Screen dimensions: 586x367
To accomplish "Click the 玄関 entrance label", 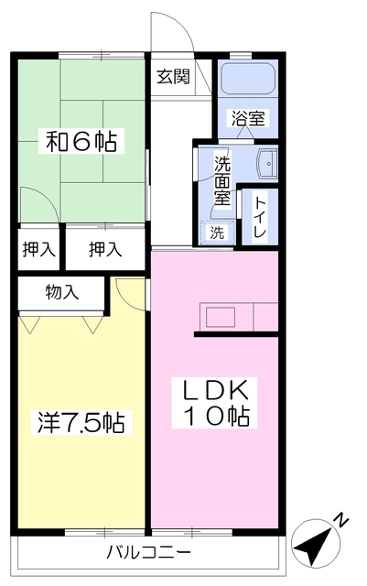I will (x=173, y=77).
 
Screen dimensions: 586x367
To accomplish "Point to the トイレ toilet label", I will (x=260, y=218).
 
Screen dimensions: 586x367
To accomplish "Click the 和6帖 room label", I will (x=82, y=142).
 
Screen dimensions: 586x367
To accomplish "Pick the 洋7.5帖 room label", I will (x=81, y=423).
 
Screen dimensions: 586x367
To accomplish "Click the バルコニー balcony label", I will (x=147, y=553).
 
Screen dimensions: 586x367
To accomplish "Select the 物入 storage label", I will (x=62, y=292).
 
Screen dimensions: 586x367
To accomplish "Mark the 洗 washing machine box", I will (x=218, y=233).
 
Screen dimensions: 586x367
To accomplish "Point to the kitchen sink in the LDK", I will (x=221, y=318).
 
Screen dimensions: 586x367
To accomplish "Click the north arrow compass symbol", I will (x=314, y=548).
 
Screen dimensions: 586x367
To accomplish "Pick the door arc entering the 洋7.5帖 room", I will (x=128, y=293).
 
